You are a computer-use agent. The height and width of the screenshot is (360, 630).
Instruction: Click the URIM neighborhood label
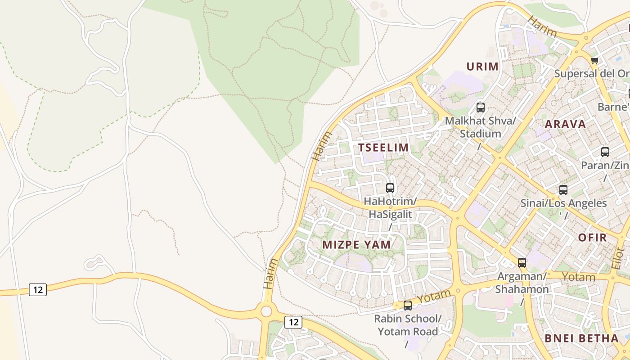point(482,67)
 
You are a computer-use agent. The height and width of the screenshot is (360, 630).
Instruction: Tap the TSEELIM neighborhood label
point(383,147)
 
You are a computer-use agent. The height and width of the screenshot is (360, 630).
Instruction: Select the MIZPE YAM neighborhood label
point(357,244)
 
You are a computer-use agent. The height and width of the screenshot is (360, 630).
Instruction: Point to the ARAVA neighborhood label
point(565,124)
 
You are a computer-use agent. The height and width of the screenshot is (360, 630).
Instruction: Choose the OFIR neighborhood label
point(592,238)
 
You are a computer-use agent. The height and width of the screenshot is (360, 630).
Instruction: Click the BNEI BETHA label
point(582,338)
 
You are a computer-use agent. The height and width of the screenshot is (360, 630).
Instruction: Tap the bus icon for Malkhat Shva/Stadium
point(481,108)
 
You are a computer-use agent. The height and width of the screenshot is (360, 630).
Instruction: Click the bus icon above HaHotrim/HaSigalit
point(390,188)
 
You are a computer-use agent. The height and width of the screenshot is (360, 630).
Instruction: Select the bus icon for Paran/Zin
point(605,152)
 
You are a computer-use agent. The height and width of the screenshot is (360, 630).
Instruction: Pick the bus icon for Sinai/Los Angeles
point(563,190)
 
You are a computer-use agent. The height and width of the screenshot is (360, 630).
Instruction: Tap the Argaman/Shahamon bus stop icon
point(522,263)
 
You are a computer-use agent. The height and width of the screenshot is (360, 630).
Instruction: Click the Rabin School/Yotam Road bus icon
point(408,306)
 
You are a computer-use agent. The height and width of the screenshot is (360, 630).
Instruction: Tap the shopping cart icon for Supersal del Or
point(595,60)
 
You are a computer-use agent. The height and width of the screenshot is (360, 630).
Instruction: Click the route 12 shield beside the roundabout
point(293,322)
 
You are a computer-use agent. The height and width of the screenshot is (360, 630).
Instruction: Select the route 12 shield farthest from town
point(38,290)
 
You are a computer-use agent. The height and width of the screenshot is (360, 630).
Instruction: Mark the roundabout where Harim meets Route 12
point(266,311)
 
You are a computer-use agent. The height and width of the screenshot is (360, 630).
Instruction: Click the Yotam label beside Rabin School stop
point(433,297)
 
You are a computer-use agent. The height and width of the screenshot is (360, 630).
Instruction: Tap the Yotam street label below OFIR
point(579,277)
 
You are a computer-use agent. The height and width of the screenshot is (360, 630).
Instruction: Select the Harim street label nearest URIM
point(542,27)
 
